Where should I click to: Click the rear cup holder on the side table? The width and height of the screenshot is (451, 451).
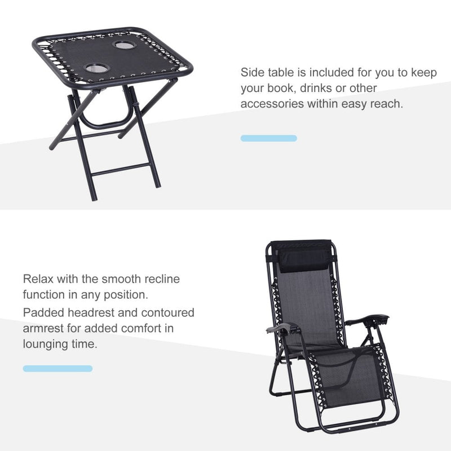[125, 45]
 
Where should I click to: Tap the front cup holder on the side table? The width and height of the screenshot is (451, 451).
[97, 68]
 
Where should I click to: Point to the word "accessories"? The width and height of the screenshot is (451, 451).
[272, 104]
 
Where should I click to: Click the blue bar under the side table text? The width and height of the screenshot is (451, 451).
[269, 138]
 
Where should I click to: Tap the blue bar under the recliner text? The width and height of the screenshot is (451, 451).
[58, 369]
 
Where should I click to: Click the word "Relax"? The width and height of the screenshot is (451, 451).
[38, 279]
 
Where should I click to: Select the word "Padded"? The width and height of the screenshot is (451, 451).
[43, 313]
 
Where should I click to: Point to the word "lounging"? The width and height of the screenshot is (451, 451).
[45, 344]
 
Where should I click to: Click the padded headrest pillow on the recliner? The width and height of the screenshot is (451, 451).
[304, 261]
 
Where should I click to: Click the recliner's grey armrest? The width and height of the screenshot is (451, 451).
[284, 328]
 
